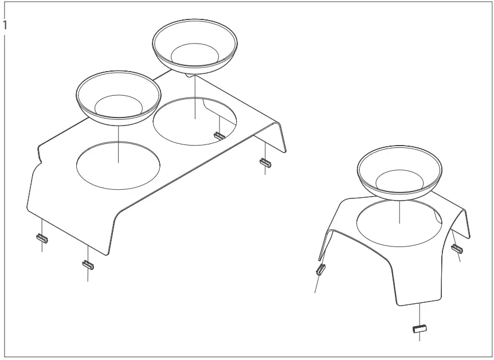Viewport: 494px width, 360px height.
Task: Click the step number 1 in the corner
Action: click(x=5, y=25)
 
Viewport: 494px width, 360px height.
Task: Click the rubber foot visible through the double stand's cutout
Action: click(x=218, y=136)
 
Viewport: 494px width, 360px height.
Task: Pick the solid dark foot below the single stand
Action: click(x=420, y=329)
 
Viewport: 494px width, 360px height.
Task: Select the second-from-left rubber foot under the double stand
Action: click(x=87, y=264)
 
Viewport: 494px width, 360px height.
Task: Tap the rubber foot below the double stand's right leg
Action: click(x=265, y=163)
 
